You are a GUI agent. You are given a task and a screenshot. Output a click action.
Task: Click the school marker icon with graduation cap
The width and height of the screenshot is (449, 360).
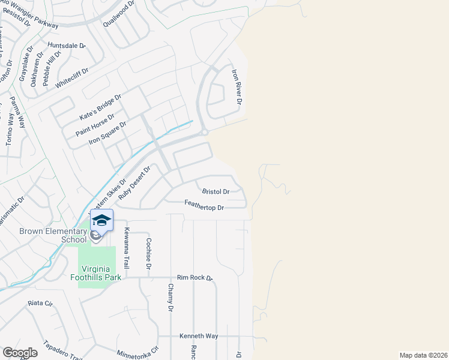[102, 221]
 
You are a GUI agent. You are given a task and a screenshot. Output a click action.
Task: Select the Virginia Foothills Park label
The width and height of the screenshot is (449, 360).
[100, 272]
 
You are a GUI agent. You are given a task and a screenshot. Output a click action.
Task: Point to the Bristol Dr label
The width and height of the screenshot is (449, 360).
[215, 192]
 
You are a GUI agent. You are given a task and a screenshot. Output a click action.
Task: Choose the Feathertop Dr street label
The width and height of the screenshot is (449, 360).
[204, 208]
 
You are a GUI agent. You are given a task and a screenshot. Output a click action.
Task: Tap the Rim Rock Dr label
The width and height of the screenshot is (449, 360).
[194, 278]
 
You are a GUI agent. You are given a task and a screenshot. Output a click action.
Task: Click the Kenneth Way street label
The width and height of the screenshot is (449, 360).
[199, 336]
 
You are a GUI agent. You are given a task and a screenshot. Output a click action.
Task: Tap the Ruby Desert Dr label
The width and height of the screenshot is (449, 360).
[133, 183]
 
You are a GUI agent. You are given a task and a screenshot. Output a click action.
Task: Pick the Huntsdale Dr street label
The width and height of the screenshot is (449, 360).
[67, 46]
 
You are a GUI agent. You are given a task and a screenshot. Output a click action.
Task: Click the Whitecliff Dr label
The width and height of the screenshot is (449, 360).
[71, 79]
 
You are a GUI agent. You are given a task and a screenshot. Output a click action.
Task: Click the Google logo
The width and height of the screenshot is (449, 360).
[20, 353]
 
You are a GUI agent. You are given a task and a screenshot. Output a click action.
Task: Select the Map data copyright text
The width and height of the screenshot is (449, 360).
[423, 355]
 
